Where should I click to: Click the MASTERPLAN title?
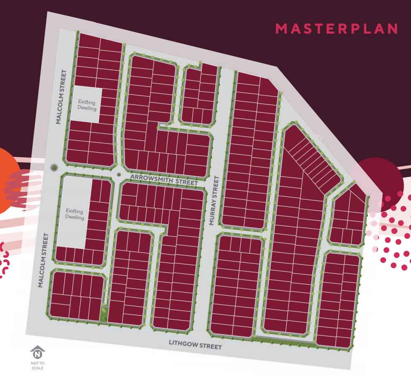[x=337, y=29]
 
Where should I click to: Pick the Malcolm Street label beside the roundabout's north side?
[x=61, y=97]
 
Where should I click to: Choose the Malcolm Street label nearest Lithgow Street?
[x=43, y=260]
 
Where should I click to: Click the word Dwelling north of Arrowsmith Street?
[x=87, y=108]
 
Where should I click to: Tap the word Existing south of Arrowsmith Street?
[x=75, y=211]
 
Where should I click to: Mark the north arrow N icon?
[x=38, y=354]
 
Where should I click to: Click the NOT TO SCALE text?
[x=37, y=366]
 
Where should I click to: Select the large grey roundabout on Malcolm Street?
[x=54, y=168]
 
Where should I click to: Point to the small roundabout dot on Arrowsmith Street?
[x=118, y=175]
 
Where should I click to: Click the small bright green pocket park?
[x=104, y=313]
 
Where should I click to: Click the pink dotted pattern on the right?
[x=392, y=232]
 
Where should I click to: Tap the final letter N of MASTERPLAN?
[x=391, y=29]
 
